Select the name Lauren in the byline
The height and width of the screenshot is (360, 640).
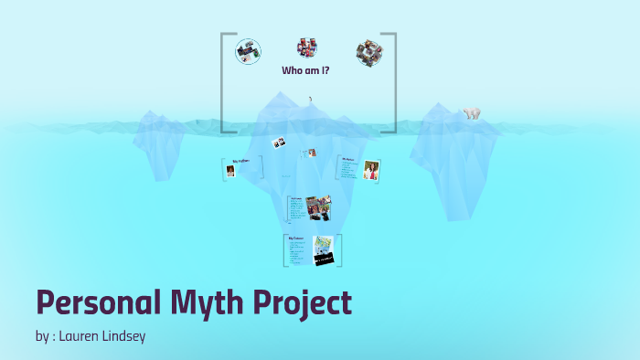click(80, 336)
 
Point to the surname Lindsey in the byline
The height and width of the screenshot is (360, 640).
click(123, 336)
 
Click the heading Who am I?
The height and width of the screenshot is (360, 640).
click(305, 70)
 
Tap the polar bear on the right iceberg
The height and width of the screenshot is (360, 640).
click(472, 114)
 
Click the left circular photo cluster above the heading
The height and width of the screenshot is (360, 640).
click(247, 51)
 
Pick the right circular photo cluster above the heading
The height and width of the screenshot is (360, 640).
click(368, 50)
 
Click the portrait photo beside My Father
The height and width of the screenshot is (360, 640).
click(230, 171)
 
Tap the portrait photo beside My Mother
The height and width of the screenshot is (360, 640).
click(371, 171)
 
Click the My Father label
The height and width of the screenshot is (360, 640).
click(240, 161)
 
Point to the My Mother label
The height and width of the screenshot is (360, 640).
click(348, 159)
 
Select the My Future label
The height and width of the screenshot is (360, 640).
click(297, 238)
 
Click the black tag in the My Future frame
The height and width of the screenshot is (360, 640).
click(325, 259)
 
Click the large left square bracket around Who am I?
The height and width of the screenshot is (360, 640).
click(222, 82)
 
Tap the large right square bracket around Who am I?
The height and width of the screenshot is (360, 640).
click(394, 82)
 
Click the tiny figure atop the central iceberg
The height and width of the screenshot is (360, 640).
click(310, 99)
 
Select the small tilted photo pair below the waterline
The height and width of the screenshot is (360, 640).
click(279, 143)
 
